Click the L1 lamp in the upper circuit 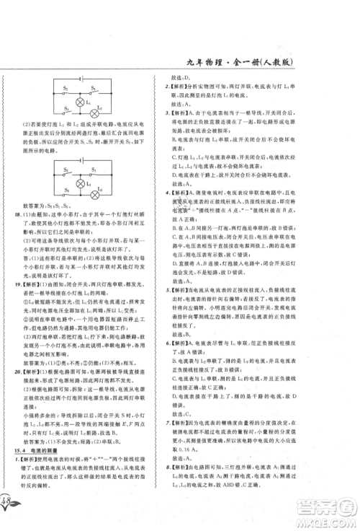tap(71, 102)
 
